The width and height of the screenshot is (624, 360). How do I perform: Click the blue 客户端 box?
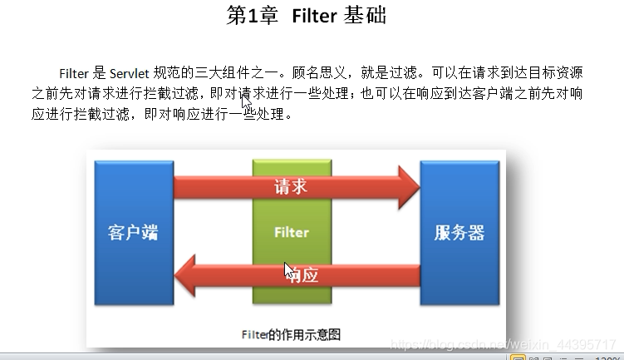(x=133, y=231)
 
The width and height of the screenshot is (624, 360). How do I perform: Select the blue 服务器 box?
(x=459, y=231)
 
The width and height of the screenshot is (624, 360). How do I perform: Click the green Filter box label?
(x=292, y=233)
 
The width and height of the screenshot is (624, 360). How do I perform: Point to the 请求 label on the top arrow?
(x=291, y=186)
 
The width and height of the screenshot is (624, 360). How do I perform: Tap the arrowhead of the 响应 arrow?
(x=186, y=276)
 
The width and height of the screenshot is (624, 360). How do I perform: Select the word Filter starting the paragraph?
(x=74, y=73)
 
